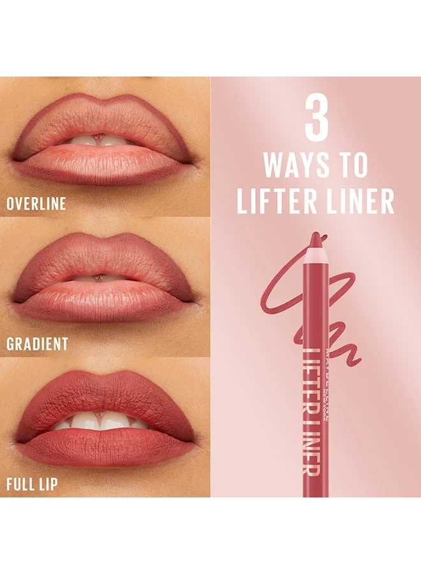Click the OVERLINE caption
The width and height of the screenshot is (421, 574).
[36, 203]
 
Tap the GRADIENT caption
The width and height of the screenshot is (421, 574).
[38, 344]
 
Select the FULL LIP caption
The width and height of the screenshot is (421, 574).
[33, 484]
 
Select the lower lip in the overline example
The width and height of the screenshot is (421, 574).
[103, 165]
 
